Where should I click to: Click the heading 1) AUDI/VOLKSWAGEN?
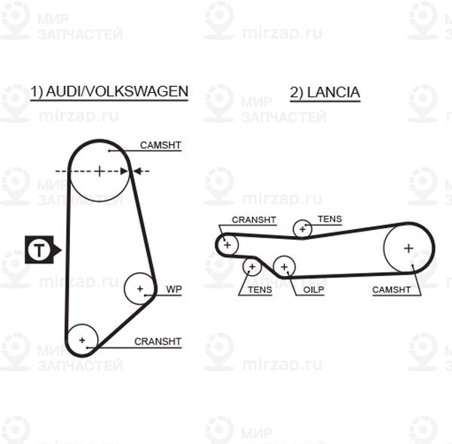tap(109, 92)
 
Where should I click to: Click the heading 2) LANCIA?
tap(325, 93)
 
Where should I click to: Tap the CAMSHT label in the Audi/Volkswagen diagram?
tap(160, 145)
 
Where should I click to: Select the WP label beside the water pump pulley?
tap(174, 289)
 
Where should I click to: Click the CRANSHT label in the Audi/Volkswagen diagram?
tap(157, 341)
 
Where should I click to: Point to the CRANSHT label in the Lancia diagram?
tap(254, 220)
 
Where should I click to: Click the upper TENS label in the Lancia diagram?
tap(330, 219)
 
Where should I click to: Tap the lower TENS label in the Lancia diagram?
tap(260, 289)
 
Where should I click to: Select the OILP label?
tap(313, 289)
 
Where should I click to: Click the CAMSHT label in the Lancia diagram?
tap(391, 289)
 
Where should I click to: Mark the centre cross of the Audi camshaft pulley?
tap(99, 171)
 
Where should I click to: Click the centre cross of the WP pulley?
tap(140, 289)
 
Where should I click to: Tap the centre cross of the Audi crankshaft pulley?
tap(82, 340)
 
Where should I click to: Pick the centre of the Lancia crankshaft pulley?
tap(228, 245)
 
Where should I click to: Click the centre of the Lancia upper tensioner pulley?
tap(302, 229)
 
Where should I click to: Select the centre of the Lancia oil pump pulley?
tap(284, 267)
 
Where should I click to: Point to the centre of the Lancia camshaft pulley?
tap(408, 248)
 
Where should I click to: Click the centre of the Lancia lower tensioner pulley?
tap(252, 267)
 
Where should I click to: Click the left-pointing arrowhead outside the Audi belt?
tap(137, 171)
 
